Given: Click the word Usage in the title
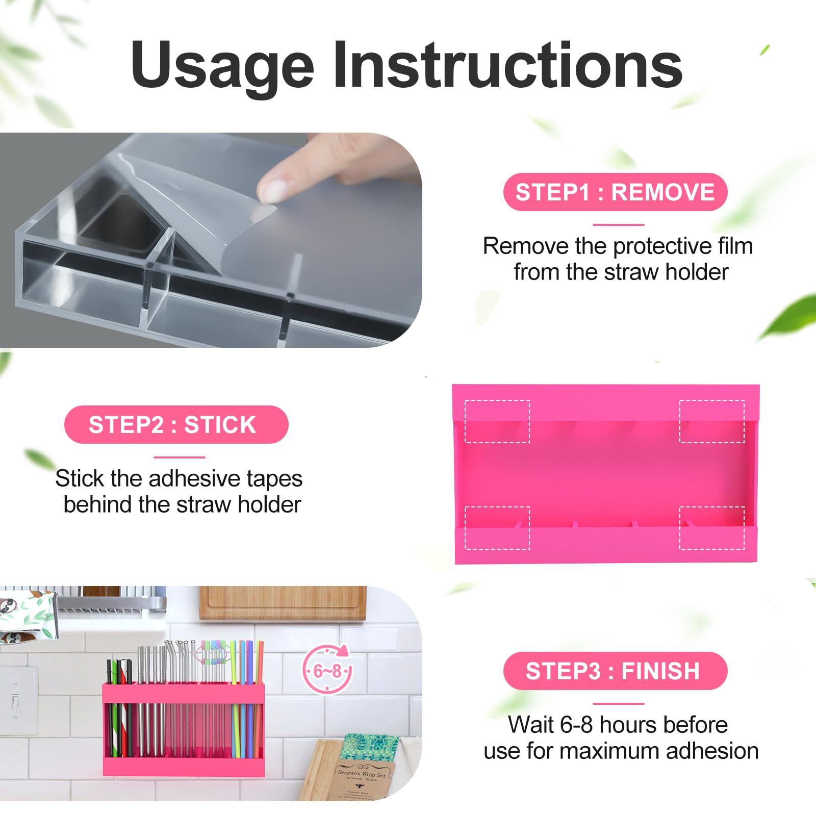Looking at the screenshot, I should tap(222, 66).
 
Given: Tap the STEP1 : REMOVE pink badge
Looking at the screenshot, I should tap(615, 192).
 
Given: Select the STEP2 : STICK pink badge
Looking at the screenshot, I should tap(176, 425).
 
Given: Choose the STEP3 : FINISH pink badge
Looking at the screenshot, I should tap(615, 671).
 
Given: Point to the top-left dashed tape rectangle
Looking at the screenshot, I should tap(497, 421).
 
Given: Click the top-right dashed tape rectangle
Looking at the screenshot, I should tap(711, 421).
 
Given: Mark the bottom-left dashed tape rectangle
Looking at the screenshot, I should tap(497, 528).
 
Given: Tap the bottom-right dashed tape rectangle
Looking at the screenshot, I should tap(711, 528).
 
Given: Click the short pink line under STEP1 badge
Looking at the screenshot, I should tap(618, 224).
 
